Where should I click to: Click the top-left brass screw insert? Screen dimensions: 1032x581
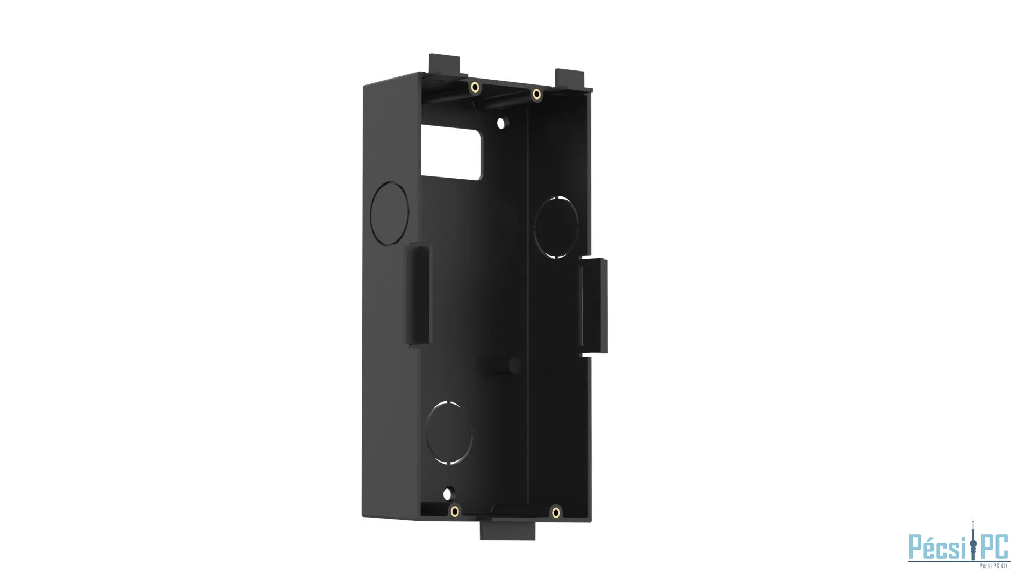point(475,88)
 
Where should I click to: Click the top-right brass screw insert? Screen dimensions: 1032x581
point(536,95)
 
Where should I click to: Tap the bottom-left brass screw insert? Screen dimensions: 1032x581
point(455,511)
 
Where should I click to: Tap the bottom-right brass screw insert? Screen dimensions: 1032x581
point(556,513)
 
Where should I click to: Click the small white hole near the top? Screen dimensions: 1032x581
point(501,123)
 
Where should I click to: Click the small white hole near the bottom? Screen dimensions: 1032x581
point(447,494)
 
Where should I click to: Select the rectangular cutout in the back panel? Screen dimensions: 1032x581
point(451,153)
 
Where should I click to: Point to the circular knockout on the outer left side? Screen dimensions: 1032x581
point(390,214)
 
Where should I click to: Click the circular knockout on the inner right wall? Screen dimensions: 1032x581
point(556,227)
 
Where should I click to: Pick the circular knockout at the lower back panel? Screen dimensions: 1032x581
point(449,433)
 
